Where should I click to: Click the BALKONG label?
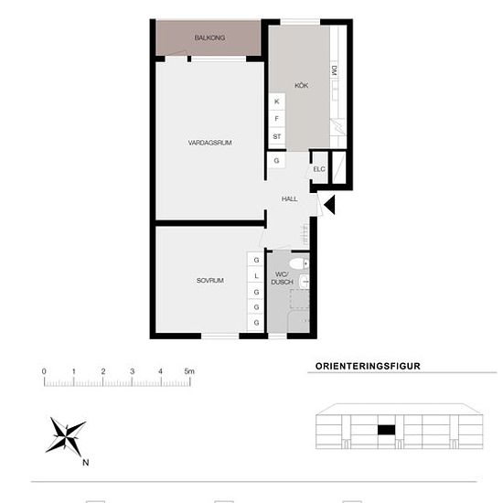pyautogui.click(x=209, y=37)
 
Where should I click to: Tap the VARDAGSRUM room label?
pyautogui.click(x=209, y=143)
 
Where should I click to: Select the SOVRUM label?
pyautogui.click(x=209, y=281)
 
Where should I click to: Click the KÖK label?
pyautogui.click(x=301, y=85)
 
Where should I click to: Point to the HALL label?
pyautogui.click(x=289, y=199)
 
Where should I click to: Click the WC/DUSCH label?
pyautogui.click(x=283, y=278)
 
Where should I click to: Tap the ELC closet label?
pyautogui.click(x=319, y=169)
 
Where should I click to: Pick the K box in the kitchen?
pyautogui.click(x=277, y=102)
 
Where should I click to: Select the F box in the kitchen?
pyautogui.click(x=277, y=119)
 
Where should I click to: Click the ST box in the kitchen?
pyautogui.click(x=277, y=136)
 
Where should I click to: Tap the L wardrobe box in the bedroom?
pyautogui.click(x=256, y=276)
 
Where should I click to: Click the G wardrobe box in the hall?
pyautogui.click(x=276, y=160)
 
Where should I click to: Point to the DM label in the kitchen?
pyautogui.click(x=334, y=70)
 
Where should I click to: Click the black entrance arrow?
pyautogui.click(x=330, y=204)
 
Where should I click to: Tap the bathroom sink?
pyautogui.click(x=305, y=282)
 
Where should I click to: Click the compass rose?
pyautogui.click(x=66, y=436)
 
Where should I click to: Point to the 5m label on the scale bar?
pyautogui.click(x=189, y=371)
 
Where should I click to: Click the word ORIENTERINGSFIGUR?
pyautogui.click(x=368, y=367)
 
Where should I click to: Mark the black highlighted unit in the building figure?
pyautogui.click(x=386, y=430)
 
